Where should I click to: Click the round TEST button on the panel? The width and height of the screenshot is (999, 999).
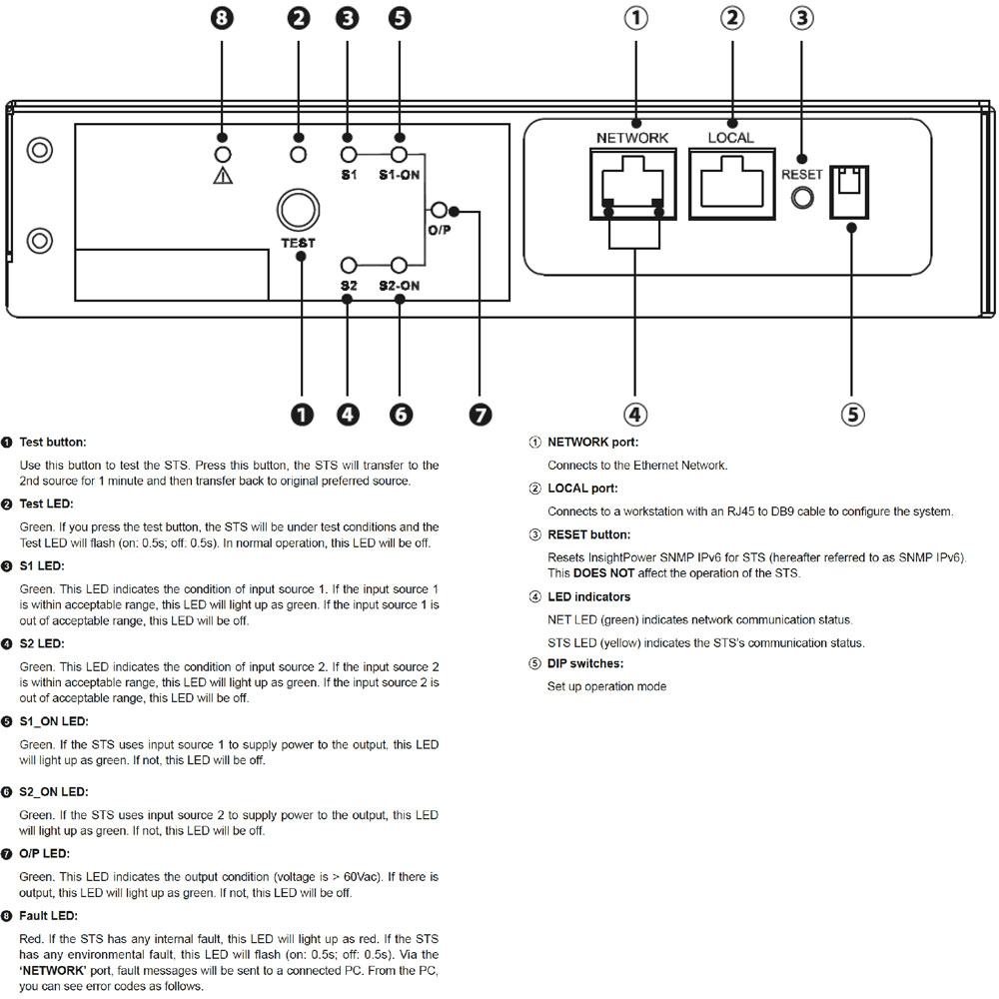tap(298, 210)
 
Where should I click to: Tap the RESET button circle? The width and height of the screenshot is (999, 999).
tap(802, 198)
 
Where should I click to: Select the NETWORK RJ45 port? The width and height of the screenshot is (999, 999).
tap(632, 184)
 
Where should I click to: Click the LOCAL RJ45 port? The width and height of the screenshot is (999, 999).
tap(732, 184)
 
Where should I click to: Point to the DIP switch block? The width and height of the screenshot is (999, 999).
tap(849, 193)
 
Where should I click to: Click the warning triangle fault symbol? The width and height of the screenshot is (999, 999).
tap(223, 175)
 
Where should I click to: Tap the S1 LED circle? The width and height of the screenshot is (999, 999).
tap(349, 154)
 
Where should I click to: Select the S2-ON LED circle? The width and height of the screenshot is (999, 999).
tap(399, 265)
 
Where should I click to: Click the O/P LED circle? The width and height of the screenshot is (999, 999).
tap(439, 210)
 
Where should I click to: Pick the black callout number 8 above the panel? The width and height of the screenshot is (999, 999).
tap(222, 18)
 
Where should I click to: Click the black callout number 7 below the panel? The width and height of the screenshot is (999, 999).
tap(481, 415)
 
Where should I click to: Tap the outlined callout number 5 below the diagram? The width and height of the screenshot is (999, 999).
tap(852, 415)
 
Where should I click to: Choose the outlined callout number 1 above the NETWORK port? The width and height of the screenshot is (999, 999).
tap(635, 18)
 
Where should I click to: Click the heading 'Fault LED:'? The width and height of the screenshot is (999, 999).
tap(48, 915)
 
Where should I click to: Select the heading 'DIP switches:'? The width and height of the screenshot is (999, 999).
tap(584, 663)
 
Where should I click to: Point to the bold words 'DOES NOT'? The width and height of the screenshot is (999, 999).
tap(603, 572)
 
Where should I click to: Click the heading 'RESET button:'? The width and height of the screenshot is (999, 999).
tap(588, 534)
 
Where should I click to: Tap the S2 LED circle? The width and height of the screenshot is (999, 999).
tap(349, 265)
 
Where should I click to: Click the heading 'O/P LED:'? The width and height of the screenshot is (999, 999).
tap(45, 853)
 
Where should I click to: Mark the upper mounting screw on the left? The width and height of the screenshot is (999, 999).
tap(40, 151)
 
